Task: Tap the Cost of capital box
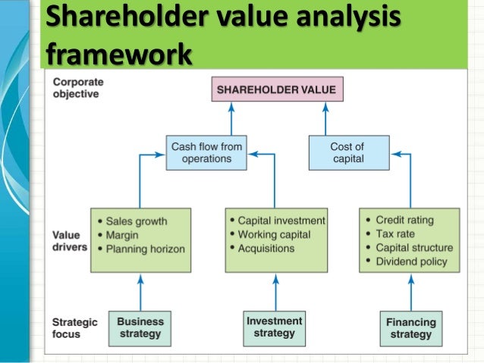click(x=348, y=152)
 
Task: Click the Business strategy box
click(x=140, y=328)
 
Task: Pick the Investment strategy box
click(x=275, y=328)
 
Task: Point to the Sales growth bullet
click(x=137, y=221)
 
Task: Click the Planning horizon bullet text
click(x=145, y=249)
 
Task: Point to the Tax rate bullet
click(x=396, y=233)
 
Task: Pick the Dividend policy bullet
click(x=411, y=261)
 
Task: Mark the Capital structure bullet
click(x=414, y=247)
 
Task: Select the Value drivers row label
click(x=70, y=240)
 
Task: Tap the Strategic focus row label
click(x=75, y=328)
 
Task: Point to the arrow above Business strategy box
click(x=140, y=291)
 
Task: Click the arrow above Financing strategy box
click(x=410, y=292)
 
